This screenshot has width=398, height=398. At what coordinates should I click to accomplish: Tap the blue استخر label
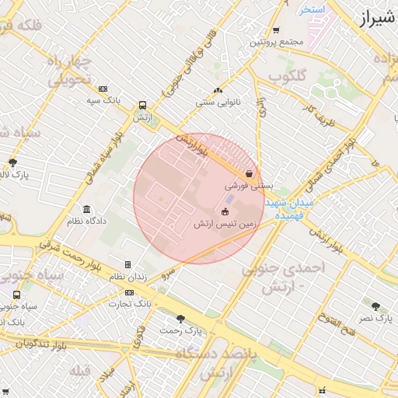click(312, 9)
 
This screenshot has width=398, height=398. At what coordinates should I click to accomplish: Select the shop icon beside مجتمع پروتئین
click(276, 30)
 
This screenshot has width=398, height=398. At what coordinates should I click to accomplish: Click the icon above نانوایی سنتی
click(218, 90)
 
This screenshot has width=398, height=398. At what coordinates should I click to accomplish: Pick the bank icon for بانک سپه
click(103, 89)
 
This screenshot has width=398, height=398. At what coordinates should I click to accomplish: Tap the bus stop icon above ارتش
click(141, 105)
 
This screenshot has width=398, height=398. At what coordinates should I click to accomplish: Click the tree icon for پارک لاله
click(12, 162)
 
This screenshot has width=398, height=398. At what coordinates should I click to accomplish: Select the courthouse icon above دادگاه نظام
click(86, 209)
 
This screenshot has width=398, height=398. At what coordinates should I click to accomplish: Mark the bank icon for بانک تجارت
click(129, 292)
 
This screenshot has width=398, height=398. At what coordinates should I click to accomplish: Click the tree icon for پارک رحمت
click(181, 318)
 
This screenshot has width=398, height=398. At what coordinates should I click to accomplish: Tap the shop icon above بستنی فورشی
click(248, 173)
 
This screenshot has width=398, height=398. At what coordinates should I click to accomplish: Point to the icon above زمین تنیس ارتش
click(225, 211)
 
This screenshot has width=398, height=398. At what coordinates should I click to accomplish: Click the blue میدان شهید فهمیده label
click(288, 207)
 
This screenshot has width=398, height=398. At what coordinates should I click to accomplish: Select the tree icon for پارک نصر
click(376, 306)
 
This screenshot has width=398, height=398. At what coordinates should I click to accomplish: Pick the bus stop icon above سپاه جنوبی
click(17, 295)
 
